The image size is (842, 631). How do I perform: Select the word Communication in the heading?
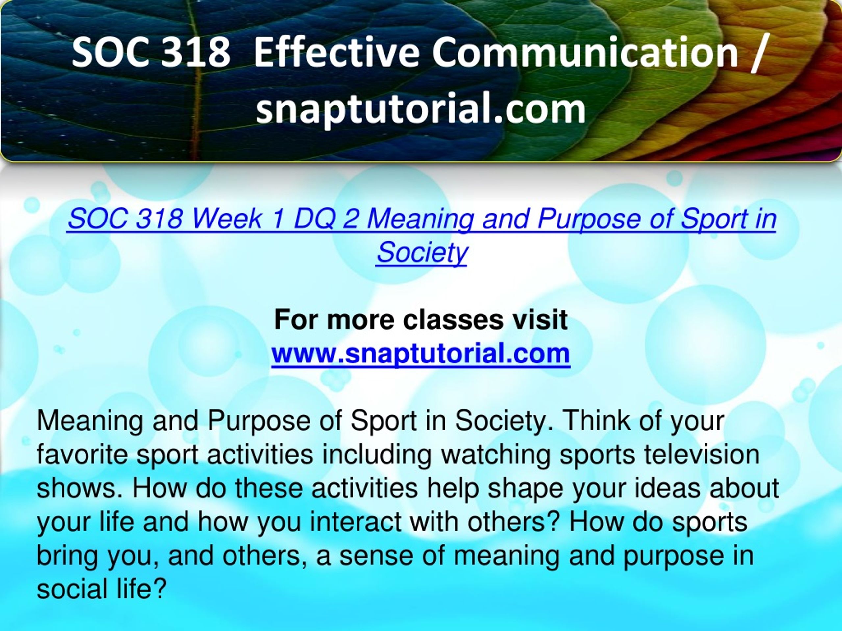[585, 52]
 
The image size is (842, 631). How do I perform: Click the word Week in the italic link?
[227, 219]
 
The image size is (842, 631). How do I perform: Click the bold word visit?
[539, 320]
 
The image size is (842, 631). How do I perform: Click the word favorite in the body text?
[82, 455]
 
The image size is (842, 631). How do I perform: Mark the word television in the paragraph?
[702, 455]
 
